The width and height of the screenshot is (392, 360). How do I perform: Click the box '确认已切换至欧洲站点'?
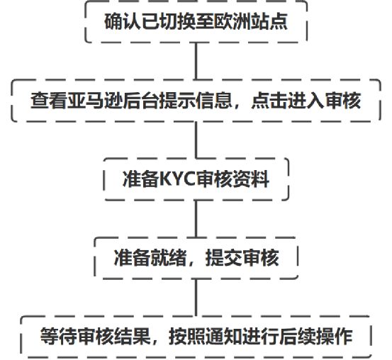[x=196, y=21]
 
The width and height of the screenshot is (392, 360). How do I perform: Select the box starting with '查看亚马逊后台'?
[x=196, y=101]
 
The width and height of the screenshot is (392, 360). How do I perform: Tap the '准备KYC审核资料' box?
[x=196, y=179]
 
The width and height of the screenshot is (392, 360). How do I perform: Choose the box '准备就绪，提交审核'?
[x=196, y=258]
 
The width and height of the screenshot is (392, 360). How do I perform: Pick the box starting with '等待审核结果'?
[x=196, y=337]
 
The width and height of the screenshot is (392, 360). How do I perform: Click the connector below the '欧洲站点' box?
[x=196, y=61]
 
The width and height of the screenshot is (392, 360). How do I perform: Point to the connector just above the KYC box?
[x=196, y=140]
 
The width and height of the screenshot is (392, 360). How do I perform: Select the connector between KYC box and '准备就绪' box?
[x=196, y=219]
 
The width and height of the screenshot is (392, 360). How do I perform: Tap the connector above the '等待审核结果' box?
[x=196, y=298]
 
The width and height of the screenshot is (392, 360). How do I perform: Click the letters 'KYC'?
[x=177, y=179]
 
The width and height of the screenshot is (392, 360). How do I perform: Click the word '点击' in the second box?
[x=269, y=101]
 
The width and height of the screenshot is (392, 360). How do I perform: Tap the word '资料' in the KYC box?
[x=251, y=179]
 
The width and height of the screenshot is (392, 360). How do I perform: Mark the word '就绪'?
[x=168, y=258]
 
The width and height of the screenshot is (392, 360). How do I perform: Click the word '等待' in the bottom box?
[x=59, y=337]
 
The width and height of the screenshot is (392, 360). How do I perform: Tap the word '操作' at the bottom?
[x=335, y=337]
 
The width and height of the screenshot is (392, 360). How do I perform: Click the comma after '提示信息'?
[x=237, y=106]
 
